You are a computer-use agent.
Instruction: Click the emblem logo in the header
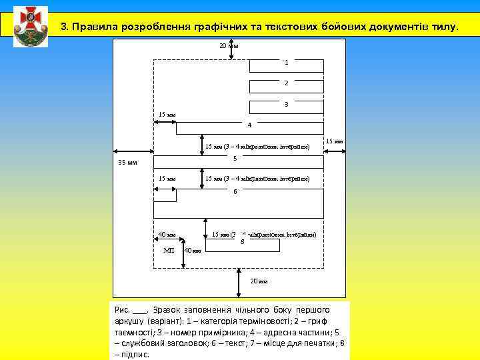coord(30,25)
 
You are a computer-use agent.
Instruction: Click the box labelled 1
coord(286,65)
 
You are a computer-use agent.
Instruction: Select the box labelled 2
coord(286,86)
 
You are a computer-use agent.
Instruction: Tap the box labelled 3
coord(286,107)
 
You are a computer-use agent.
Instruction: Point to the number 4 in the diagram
coord(249,125)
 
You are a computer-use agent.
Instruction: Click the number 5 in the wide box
coord(235,158)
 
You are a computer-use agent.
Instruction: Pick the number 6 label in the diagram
coord(235,192)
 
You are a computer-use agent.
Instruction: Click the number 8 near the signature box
coord(242,241)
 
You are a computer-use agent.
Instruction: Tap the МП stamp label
coord(169,250)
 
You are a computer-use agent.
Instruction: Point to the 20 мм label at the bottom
coord(259,281)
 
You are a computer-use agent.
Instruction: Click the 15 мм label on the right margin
coord(334,141)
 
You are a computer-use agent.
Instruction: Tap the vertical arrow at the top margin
coord(231,51)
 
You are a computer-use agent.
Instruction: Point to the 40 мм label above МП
coord(167,235)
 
